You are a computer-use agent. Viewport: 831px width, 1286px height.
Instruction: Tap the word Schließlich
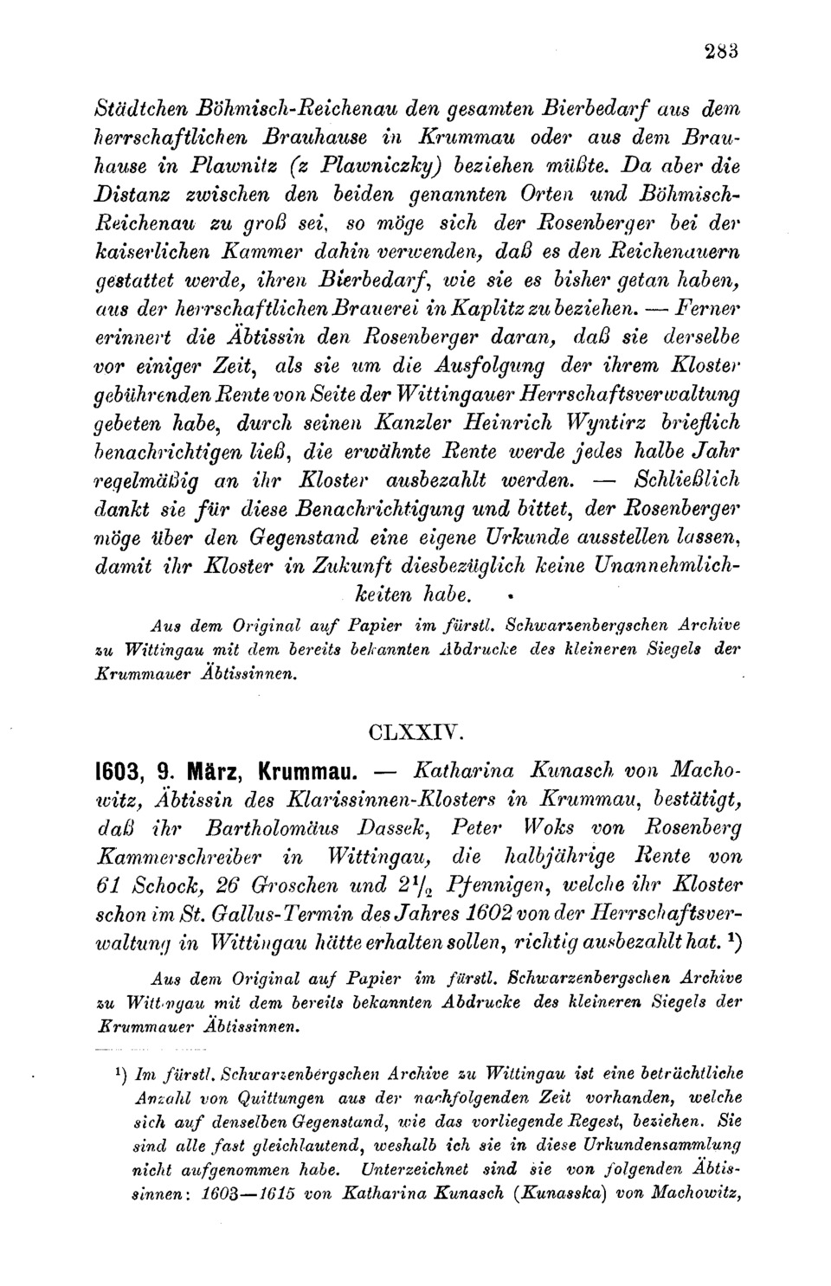coord(687,479)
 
